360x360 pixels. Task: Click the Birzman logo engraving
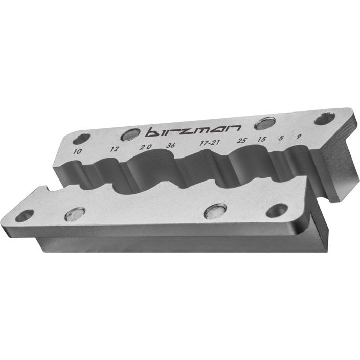[193, 131]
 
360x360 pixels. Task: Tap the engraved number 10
[77, 151]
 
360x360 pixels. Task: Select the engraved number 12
[114, 149]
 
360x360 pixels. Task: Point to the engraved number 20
[146, 146]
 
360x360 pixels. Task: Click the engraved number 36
[171, 145]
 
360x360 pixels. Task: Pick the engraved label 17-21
[210, 143]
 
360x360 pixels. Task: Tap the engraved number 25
[241, 140]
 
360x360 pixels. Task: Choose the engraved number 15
[262, 139]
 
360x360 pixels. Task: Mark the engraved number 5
[281, 138]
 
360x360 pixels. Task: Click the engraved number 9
[298, 137]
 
